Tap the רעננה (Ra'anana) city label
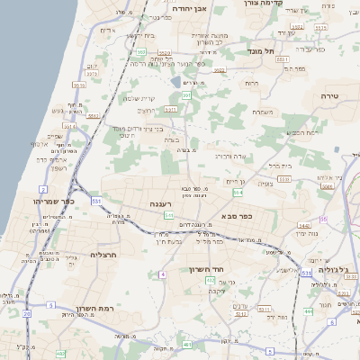(161, 204)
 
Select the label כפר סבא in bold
(236, 216)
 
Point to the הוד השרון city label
(206, 269)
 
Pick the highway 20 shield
(27, 313)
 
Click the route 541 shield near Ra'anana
(168, 216)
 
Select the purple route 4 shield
(163, 274)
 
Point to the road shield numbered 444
(309, 311)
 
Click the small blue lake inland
(175, 82)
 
